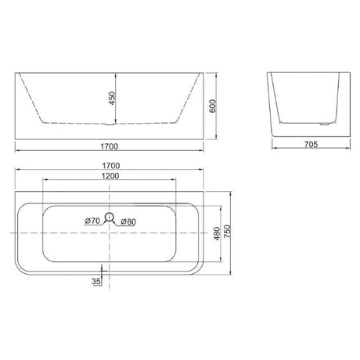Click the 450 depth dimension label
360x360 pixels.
click(x=112, y=98)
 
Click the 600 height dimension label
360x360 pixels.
click(x=213, y=106)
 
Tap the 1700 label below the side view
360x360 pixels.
click(x=110, y=146)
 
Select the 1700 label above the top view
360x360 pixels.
click(x=111, y=166)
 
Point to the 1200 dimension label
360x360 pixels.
click(x=110, y=176)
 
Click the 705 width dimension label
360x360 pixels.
click(x=311, y=144)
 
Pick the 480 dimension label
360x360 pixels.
click(x=217, y=233)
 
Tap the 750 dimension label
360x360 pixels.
click(x=228, y=231)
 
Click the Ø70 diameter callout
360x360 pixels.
click(x=92, y=221)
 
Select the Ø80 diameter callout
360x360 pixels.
click(x=128, y=221)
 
